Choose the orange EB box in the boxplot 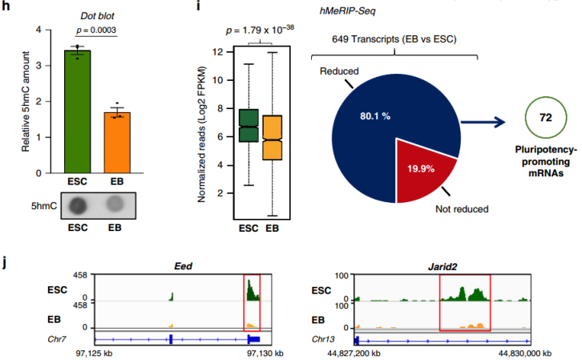tap(273, 137)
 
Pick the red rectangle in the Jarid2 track tap(464, 301)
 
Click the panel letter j tap(6, 263)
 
